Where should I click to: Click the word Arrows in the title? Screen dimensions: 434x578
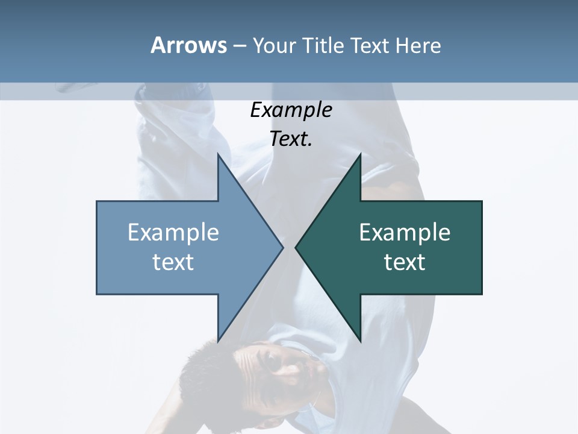point(188,45)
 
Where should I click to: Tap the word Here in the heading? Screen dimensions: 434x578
point(418,45)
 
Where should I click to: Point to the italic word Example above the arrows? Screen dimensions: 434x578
point(291,110)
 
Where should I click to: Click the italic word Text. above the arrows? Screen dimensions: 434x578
point(291,139)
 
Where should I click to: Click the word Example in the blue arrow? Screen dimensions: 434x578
point(173,233)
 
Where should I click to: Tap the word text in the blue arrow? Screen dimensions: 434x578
point(173,262)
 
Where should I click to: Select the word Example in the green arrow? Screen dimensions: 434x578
point(405,233)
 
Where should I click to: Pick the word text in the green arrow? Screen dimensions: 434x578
point(405,262)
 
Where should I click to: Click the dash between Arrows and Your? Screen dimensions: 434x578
point(239,46)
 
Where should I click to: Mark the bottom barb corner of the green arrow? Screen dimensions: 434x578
point(360,341)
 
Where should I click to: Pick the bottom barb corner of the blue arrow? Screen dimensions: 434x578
point(219,341)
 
